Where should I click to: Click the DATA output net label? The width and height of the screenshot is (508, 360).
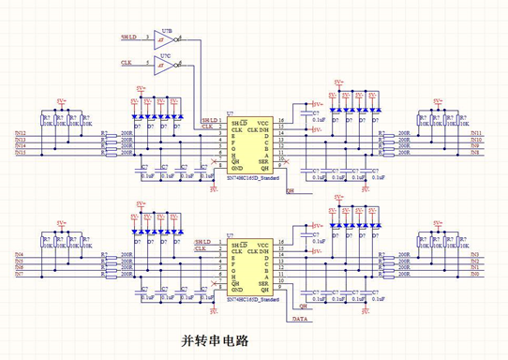302,294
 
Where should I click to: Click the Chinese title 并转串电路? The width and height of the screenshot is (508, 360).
215,314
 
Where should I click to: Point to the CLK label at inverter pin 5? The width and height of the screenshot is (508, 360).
127,64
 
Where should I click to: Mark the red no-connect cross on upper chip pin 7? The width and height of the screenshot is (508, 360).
215,162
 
